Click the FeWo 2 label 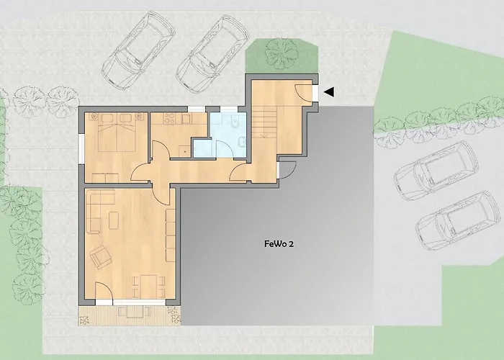279,244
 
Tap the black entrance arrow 329,92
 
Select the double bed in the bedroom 117,132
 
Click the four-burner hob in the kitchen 169,118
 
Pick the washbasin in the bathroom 243,142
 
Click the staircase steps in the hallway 264,122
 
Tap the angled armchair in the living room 101,257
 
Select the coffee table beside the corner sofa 114,220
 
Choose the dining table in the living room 148,286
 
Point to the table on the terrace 135,312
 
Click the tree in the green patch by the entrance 282,54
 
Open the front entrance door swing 303,92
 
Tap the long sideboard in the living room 171,235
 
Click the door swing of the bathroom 224,149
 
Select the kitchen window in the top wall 197,109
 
